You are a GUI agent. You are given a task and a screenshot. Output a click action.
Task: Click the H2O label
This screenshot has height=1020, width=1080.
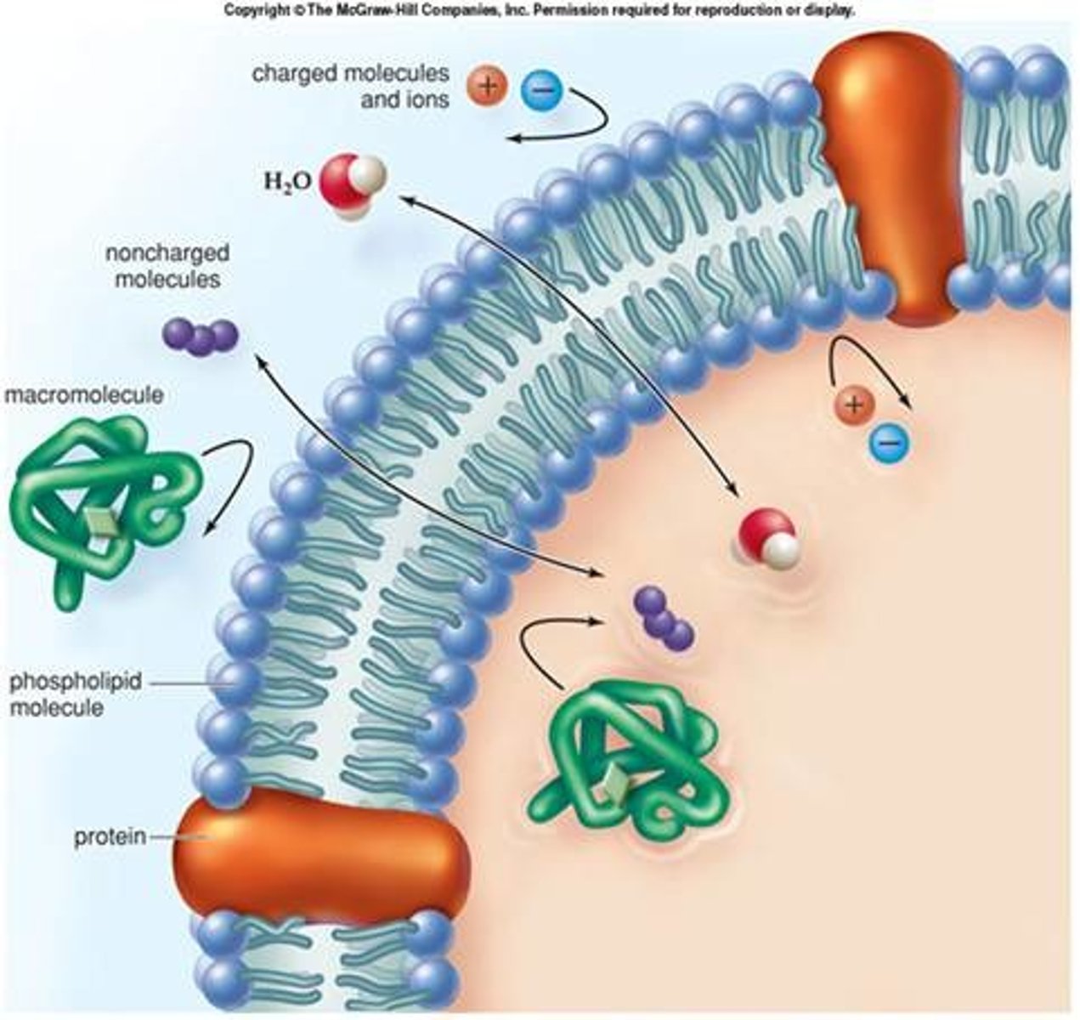pyautogui.click(x=287, y=180)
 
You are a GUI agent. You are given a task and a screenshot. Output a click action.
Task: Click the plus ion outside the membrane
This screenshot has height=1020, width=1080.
pyautogui.click(x=487, y=85)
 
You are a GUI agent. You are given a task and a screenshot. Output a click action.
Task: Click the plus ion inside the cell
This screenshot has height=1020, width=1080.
pyautogui.click(x=855, y=405)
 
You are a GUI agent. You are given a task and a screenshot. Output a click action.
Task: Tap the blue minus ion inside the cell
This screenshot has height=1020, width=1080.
pyautogui.click(x=889, y=440)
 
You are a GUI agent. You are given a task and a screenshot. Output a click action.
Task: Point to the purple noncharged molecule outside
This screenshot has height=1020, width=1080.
pyautogui.click(x=200, y=336)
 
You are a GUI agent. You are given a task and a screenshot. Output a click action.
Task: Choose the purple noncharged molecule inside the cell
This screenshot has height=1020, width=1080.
pyautogui.click(x=664, y=619)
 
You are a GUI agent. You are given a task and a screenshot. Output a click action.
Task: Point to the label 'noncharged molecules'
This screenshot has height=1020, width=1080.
pyautogui.click(x=167, y=266)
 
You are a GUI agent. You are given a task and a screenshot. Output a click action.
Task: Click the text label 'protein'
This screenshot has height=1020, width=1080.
pyautogui.click(x=110, y=837)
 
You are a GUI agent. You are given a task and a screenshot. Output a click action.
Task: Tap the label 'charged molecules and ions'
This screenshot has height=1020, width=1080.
pyautogui.click(x=350, y=86)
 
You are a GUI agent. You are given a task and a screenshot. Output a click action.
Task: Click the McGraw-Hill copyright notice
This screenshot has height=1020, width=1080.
pyautogui.click(x=539, y=11)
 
